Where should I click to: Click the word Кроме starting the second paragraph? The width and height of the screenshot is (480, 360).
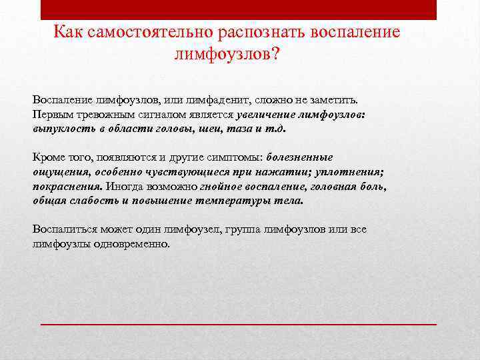pos(48,158)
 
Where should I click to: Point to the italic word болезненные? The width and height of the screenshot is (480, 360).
pos(299,158)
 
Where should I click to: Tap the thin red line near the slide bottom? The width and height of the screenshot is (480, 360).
pos(239,323)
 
